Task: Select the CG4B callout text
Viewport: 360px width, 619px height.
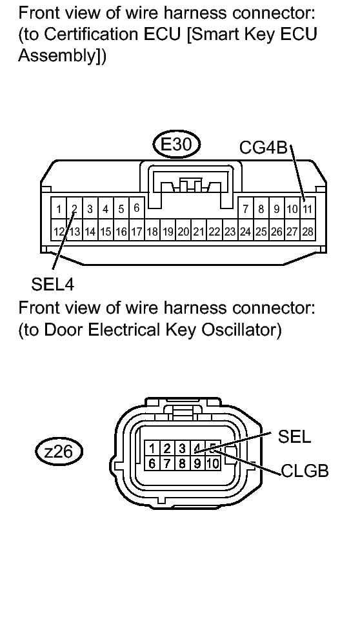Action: point(263,148)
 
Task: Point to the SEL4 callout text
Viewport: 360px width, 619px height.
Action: point(52,284)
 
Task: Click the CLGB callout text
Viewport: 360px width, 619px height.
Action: point(305,471)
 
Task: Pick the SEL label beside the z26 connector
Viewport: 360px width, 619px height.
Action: point(294,436)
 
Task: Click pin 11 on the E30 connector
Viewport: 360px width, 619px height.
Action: point(308,208)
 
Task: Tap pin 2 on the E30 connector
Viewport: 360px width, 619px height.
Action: point(74,208)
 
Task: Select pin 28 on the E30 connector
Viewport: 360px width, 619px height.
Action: point(308,232)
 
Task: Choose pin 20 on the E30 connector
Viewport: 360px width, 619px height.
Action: point(183,232)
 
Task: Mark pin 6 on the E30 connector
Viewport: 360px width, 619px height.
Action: point(137,208)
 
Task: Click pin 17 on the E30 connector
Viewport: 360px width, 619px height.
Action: point(137,232)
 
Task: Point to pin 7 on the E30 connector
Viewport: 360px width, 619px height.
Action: point(246,208)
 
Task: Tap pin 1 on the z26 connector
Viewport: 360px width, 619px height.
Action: point(152,449)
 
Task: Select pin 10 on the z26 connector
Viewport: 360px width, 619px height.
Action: point(213,463)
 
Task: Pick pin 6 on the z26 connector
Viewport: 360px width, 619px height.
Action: point(152,463)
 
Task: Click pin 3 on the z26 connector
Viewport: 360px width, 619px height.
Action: point(183,449)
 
